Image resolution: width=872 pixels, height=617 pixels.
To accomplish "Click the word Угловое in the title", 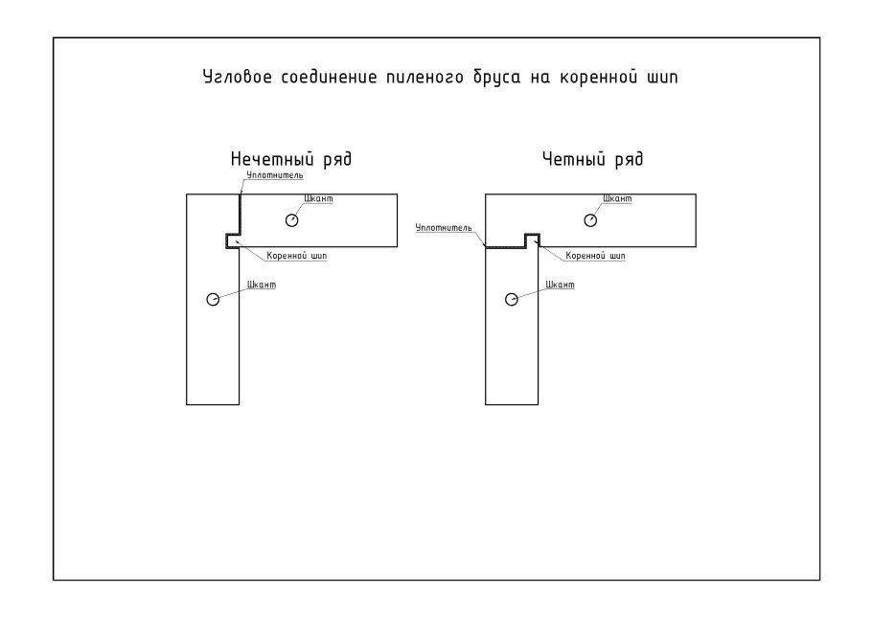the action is coord(238,77).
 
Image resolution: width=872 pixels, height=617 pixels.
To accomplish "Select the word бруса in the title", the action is coord(496,77).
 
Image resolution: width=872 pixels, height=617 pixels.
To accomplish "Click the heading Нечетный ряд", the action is coord(291,160).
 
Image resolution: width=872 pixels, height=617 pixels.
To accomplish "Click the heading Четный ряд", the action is coord(592,160).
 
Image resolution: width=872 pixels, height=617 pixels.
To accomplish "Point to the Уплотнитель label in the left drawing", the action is coord(275,175).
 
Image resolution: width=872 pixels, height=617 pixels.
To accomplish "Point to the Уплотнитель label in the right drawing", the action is coord(444,228).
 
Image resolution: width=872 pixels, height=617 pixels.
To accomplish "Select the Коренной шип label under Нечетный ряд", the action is coord(296,256).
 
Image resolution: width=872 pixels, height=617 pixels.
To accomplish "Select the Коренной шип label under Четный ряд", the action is coord(595,256).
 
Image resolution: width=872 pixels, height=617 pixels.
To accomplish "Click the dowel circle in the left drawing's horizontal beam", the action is coord(292,220).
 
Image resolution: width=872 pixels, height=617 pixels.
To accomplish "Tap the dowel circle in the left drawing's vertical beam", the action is coord(213,300).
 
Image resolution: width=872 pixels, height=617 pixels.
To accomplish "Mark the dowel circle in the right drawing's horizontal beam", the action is coord(590,220).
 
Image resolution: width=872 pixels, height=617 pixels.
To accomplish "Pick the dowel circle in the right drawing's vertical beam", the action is coord(512,300).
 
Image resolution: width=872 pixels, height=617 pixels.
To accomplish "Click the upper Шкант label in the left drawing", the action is coord(319,198).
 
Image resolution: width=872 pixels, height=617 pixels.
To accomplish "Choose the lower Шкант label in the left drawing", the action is coord(262,285).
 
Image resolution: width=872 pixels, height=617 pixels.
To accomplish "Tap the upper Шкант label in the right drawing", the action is coord(617,198).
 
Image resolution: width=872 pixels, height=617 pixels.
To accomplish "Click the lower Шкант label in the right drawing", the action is coord(560,285).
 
